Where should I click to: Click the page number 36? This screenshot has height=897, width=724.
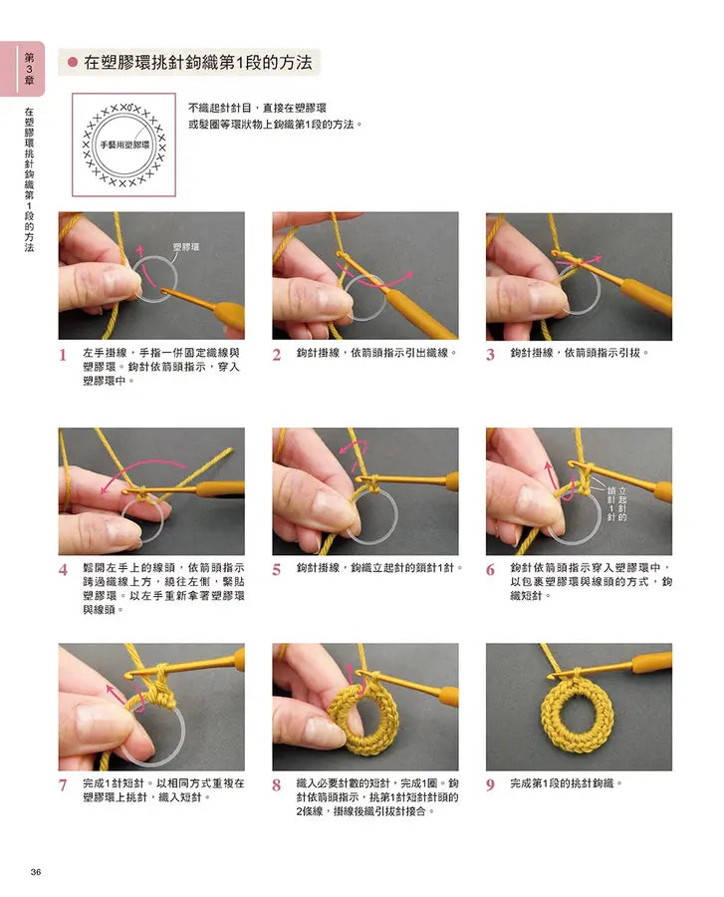[x=36, y=873]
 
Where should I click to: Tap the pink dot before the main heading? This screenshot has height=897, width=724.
[x=73, y=62]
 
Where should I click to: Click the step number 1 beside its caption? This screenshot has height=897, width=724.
[x=63, y=355]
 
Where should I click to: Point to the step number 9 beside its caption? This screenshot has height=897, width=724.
[x=490, y=785]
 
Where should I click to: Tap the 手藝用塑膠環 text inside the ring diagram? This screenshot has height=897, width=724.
[x=123, y=146]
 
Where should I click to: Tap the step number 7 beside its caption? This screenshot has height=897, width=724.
[x=63, y=785]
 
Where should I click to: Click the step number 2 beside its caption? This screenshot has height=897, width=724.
[x=277, y=355]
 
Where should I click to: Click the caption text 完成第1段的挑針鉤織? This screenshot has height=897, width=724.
[x=566, y=784]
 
